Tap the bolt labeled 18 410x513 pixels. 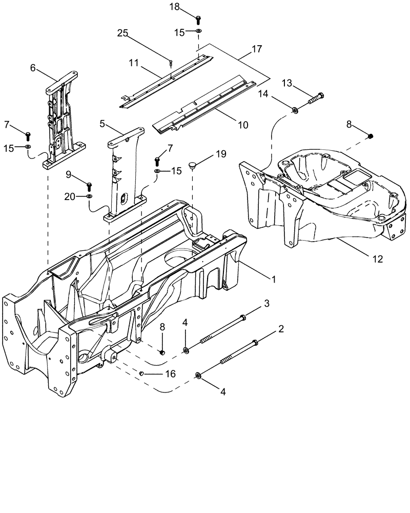[x=198, y=19]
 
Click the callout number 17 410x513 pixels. [x=257, y=50]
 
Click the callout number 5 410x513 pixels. [x=102, y=124]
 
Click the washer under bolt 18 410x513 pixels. [x=198, y=31]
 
